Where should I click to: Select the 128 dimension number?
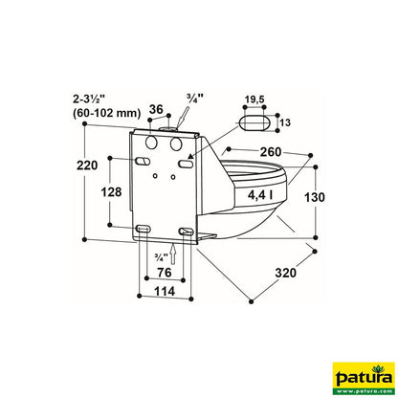pos(111,192)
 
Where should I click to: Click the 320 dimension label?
pos(285,274)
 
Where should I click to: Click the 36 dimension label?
pos(157,110)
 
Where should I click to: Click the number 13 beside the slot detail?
pos(284,122)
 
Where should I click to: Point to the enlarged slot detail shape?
pos(255,122)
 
